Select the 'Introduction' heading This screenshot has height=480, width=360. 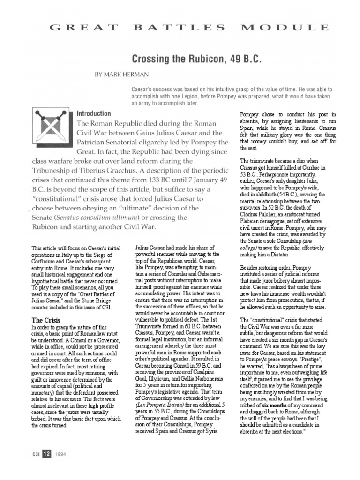pos(93,114)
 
